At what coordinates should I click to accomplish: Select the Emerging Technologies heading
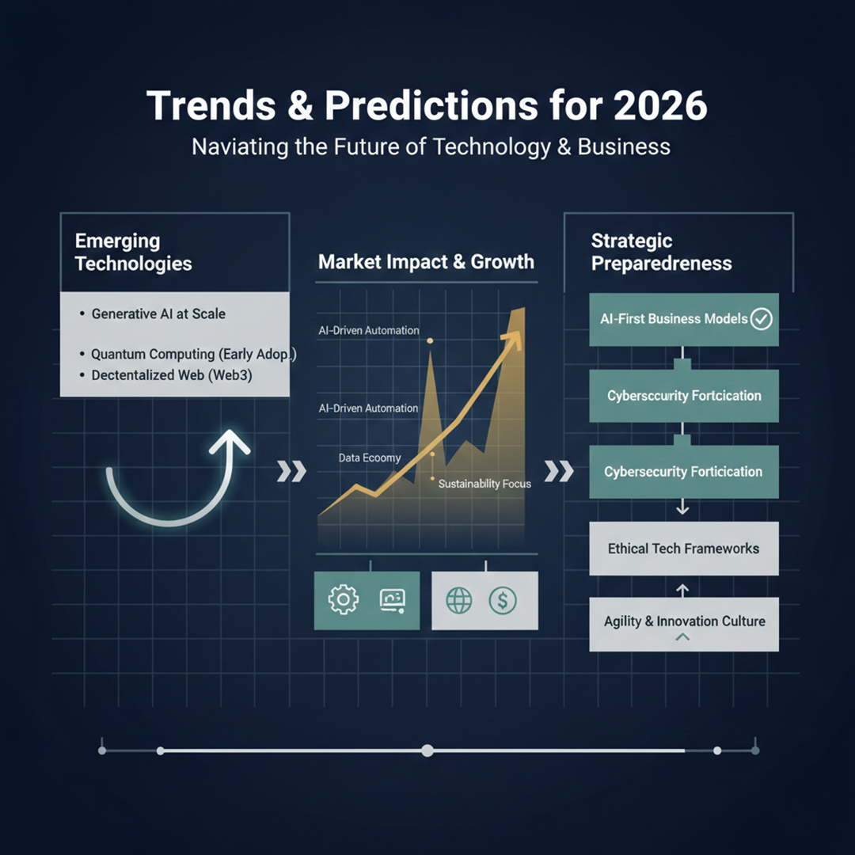133,252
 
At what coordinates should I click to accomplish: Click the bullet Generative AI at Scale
158,313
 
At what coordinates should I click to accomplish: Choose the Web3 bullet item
171,375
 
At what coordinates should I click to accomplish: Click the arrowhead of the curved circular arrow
230,441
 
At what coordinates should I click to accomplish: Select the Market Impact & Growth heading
426,262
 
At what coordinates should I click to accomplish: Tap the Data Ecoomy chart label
370,458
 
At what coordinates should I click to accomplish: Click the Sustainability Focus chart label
484,483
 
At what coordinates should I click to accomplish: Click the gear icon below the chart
343,600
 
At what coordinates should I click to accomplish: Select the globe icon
459,600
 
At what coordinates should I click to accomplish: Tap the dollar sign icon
503,600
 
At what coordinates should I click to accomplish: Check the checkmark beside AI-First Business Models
762,319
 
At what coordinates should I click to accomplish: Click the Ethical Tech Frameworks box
684,548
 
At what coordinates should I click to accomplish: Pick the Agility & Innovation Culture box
684,622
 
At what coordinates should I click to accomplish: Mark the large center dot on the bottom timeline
427,750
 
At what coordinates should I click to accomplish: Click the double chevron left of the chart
291,473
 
